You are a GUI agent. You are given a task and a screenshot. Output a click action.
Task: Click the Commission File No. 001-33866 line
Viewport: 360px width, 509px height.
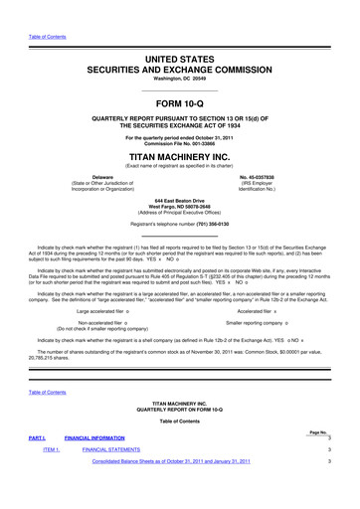(x=179, y=146)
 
